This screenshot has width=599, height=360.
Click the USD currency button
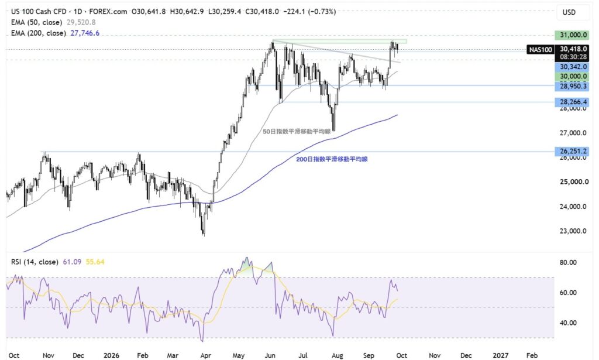pos(569,12)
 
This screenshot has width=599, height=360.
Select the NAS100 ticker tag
pos(540,49)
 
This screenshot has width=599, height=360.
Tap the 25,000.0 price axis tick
pos(573,182)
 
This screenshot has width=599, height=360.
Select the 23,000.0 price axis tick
pos(573,231)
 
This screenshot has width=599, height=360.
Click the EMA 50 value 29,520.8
pos(81,22)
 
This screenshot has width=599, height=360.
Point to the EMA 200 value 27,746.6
pos(85,33)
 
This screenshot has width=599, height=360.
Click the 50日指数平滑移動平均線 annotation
pos(297,132)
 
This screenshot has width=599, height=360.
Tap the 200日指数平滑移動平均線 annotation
pos(332,159)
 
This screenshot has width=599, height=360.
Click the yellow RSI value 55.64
pos(95,262)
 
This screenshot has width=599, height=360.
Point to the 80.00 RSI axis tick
pos(568,263)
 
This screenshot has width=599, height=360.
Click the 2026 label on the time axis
pos(112,355)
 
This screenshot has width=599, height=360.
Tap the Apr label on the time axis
pos(205,355)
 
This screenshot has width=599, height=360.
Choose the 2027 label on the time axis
pos(501,355)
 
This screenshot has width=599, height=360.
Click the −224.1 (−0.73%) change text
pos(309,12)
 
